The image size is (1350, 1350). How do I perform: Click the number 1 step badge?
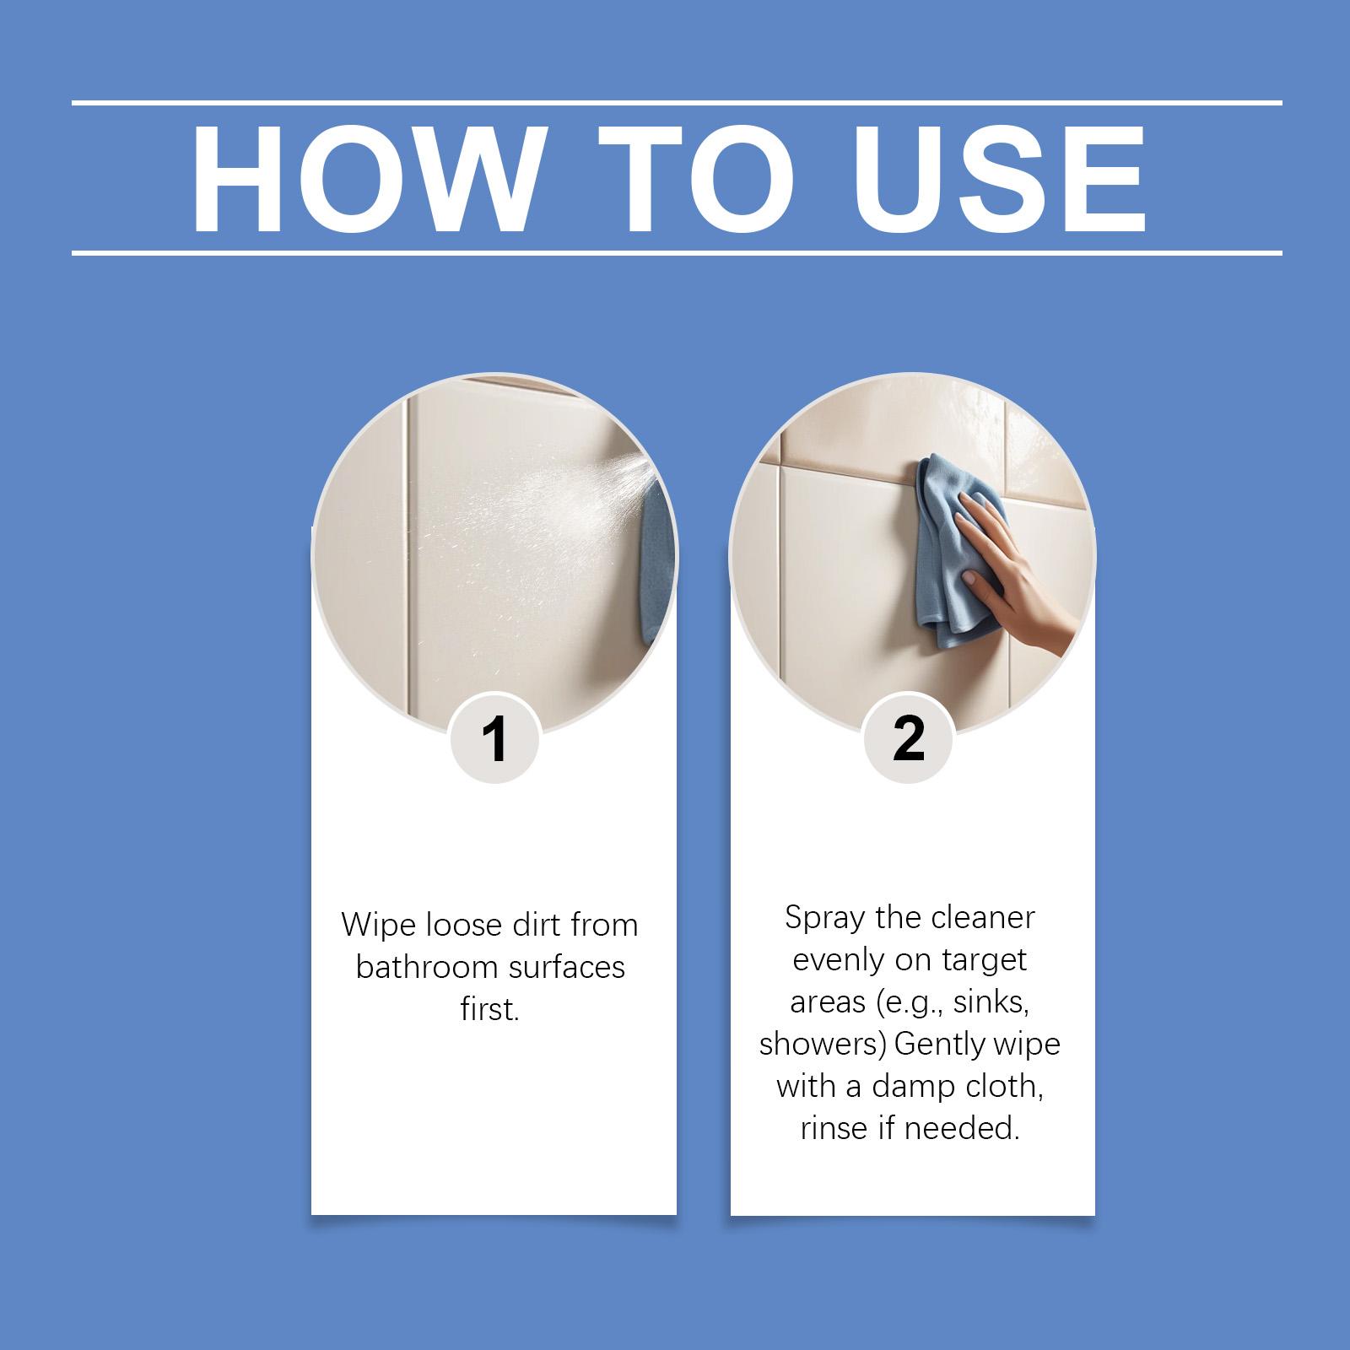494,738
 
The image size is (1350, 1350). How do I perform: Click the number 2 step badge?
909,738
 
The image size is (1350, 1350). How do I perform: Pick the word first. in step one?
490,1009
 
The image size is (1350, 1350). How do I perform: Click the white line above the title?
677,103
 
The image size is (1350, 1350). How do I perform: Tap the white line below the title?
677,252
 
